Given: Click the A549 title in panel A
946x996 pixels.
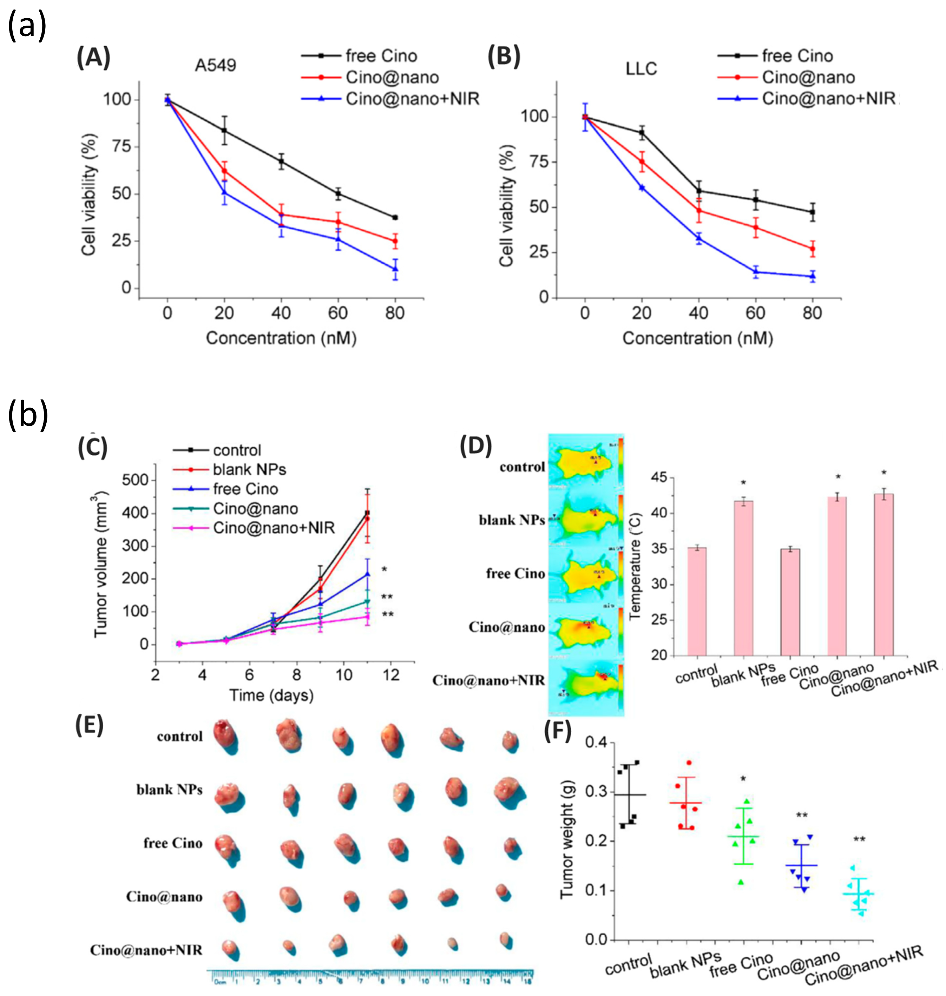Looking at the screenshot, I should coord(215,66).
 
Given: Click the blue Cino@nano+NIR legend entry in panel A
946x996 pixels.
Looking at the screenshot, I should coord(391,99).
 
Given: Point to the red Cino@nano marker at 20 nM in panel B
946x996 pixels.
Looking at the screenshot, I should coord(642,162).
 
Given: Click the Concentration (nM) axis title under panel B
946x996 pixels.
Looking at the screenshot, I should coord(697,338).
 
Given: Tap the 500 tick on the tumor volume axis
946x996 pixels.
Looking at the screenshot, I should coord(135,480).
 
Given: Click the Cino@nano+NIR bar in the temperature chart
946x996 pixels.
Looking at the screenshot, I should coord(883,575).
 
